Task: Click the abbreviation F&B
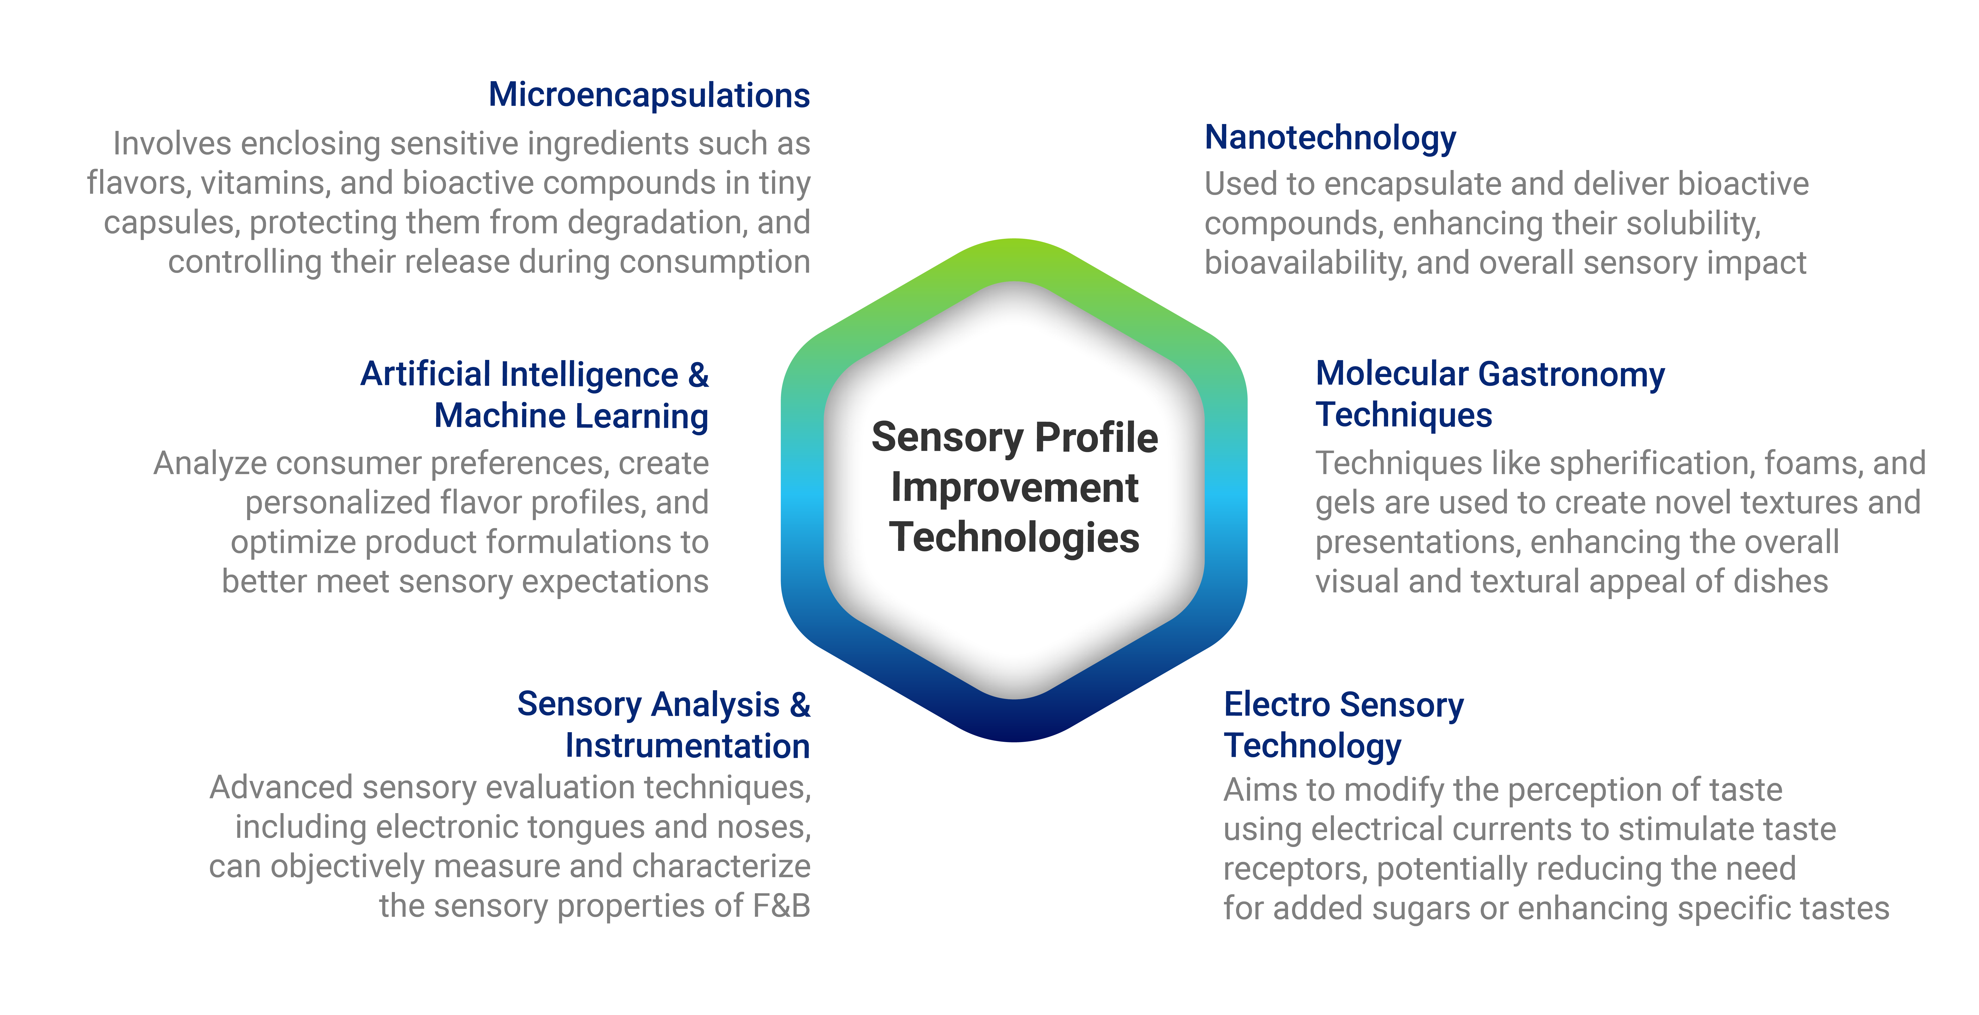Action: click(781, 906)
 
